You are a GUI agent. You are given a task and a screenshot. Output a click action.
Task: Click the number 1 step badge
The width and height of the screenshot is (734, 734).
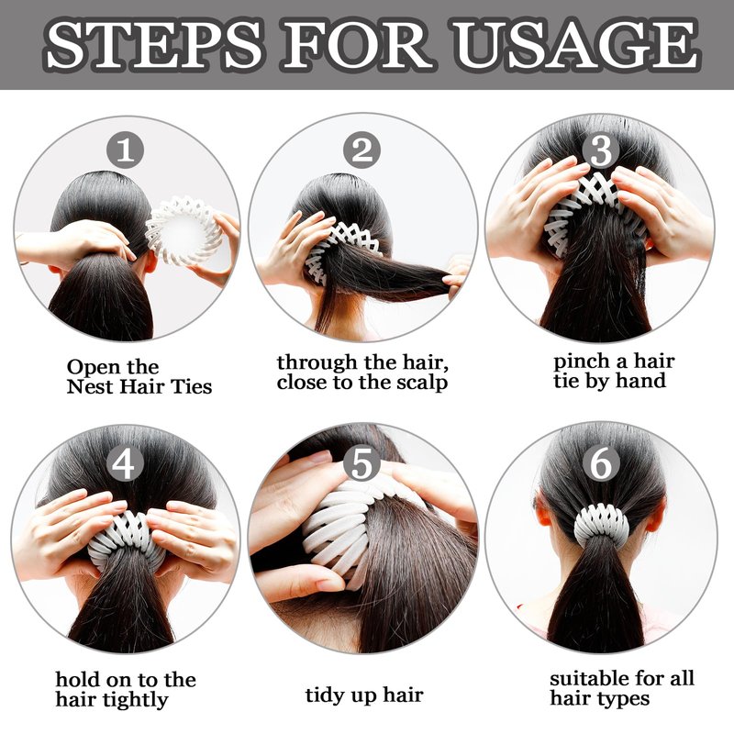(125, 150)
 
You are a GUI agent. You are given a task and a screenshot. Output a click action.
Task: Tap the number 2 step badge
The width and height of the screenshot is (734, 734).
(361, 150)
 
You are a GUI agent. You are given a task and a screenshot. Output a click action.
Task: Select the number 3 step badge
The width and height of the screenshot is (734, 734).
(601, 150)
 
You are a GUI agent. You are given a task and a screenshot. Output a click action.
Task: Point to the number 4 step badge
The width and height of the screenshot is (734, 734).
(125, 464)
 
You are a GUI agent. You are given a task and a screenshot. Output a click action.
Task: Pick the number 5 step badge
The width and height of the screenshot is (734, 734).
(361, 464)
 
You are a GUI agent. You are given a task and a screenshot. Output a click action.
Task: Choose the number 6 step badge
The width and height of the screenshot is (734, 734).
(601, 464)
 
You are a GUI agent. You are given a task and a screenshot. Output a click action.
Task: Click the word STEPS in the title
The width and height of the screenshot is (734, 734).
(153, 44)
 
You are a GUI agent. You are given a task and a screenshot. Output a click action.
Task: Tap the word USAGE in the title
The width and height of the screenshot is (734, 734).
(577, 44)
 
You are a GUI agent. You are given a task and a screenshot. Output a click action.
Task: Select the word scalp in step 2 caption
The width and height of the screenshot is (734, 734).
(422, 383)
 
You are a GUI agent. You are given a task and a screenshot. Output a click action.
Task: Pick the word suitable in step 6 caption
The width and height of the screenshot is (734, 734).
(594, 678)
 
